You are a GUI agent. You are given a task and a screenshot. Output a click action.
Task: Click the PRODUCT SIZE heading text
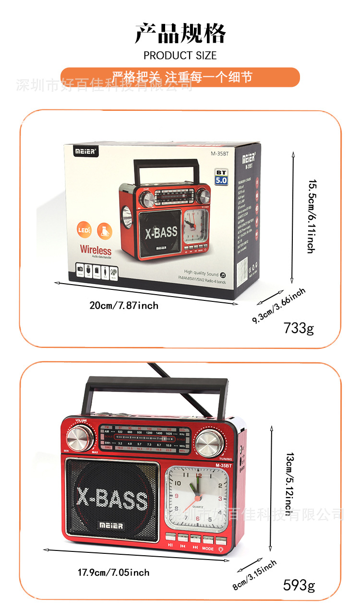[x=180, y=55]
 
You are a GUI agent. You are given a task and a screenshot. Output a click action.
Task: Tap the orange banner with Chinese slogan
[x=180, y=77]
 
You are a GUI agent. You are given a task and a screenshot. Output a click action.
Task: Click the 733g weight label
[x=298, y=328]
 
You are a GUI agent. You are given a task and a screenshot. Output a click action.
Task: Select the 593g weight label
[x=299, y=585]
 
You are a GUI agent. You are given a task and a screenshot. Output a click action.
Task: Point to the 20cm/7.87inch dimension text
[x=124, y=305]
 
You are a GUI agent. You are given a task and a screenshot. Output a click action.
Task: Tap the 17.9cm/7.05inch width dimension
[x=114, y=572]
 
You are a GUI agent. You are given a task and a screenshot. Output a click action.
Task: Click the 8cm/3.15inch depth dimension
[x=254, y=574]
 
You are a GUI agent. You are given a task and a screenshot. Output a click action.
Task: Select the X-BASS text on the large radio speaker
[x=112, y=500]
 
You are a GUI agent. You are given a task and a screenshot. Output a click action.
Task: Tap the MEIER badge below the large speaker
[x=111, y=525]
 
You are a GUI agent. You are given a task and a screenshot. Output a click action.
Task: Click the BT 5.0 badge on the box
[x=221, y=177]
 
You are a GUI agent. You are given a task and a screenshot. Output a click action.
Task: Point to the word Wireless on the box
[x=96, y=250]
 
